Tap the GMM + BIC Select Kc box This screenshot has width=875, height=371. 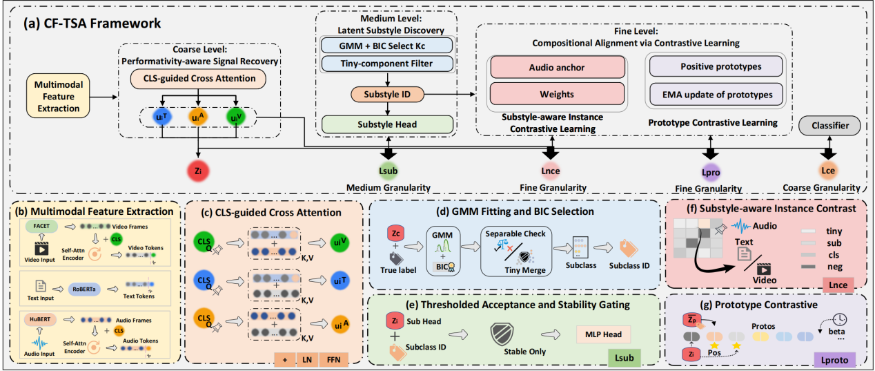(386, 45)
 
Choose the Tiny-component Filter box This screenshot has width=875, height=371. (386, 64)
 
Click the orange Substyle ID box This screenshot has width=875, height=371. (386, 94)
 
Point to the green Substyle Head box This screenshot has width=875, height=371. (386, 124)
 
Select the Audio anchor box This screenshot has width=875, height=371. (556, 67)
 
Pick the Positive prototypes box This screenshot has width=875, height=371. (715, 67)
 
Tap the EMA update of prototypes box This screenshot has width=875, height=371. (715, 93)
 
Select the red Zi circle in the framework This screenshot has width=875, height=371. (199, 170)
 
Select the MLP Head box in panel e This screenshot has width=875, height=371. (598, 334)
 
